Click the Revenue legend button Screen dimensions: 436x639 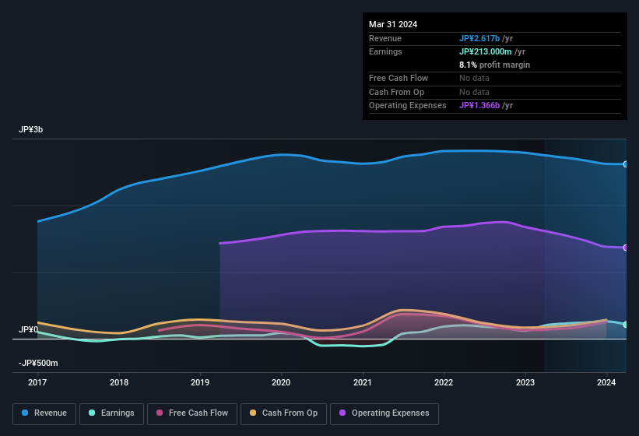[44, 413]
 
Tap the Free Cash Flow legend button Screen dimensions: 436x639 [191, 413]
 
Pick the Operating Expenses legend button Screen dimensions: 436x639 [384, 413]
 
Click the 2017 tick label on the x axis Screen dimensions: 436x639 [38, 382]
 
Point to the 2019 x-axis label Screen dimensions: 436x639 [200, 382]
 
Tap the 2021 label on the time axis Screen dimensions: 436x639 [362, 382]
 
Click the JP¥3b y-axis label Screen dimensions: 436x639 [31, 130]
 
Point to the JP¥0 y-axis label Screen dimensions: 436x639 [28, 330]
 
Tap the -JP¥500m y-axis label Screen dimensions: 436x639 [38, 363]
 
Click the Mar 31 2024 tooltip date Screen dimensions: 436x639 [393, 24]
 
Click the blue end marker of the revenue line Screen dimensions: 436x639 [626, 164]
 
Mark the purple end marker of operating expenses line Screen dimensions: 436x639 [626, 248]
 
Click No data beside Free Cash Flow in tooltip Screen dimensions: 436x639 [475, 79]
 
